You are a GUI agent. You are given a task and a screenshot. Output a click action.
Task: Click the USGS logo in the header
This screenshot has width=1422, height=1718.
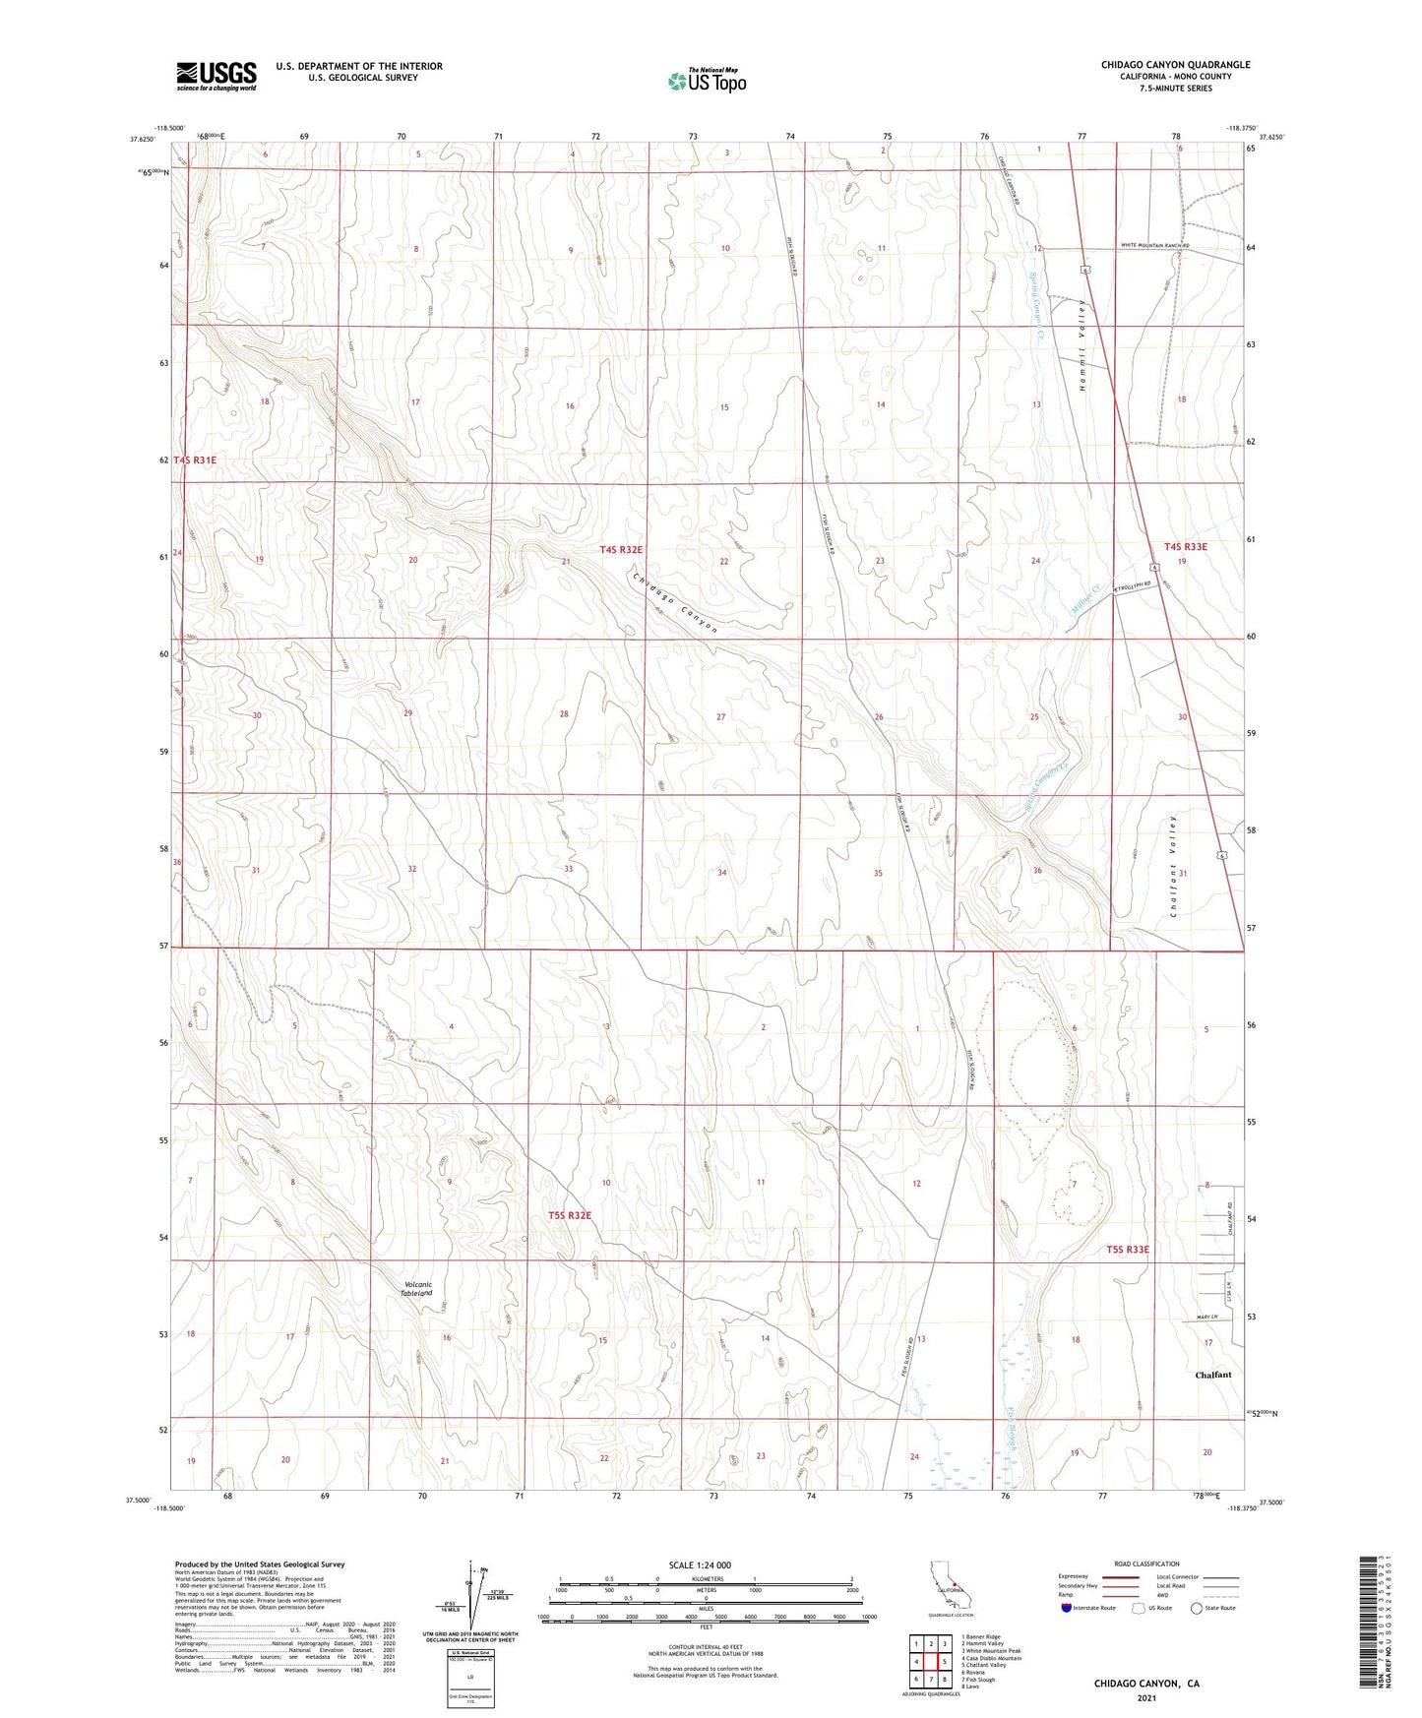point(216,76)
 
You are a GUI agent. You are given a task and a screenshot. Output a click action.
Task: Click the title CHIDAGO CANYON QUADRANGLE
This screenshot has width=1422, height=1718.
point(1175,65)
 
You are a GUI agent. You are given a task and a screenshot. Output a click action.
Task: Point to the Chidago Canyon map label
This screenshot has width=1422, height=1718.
point(675,602)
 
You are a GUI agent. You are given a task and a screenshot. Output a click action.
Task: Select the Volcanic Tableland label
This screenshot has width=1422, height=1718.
point(418,1289)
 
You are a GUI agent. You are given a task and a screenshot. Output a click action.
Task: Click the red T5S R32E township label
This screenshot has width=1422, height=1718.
point(570,1215)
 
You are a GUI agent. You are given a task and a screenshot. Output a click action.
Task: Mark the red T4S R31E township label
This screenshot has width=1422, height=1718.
point(195,460)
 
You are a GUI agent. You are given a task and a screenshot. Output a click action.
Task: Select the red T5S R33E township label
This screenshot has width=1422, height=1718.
point(1127,1250)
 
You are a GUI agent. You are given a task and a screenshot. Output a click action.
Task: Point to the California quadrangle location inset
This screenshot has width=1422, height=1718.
point(949,1588)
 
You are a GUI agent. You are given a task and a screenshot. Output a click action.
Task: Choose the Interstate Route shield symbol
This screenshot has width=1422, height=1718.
point(1068,1609)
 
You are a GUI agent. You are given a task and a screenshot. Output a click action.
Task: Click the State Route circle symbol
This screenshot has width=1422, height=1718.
point(1197,1609)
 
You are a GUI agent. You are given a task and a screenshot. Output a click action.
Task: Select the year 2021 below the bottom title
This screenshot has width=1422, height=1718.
point(1146,1698)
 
